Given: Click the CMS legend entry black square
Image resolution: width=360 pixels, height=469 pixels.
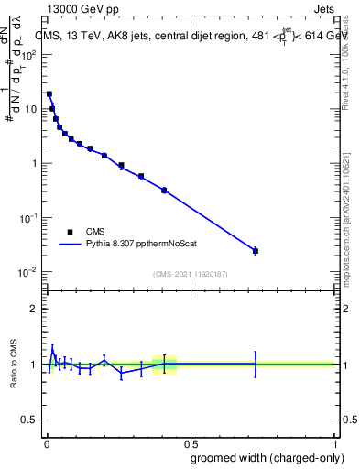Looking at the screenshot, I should coord(70,233).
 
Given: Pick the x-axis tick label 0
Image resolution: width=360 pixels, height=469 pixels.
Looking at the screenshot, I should coord(45,442).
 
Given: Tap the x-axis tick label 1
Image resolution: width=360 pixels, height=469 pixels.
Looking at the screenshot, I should coord(334,442).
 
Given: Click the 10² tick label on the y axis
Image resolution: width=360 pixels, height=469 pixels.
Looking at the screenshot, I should coord(28,54).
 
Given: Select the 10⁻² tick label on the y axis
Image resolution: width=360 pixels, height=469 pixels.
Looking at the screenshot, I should coord(28,273).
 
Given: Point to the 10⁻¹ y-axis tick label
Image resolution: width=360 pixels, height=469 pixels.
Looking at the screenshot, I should coord(28,218).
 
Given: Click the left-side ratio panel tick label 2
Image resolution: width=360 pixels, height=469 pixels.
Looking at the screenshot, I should coord(35,309).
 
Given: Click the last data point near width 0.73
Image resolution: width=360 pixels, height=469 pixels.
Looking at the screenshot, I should coord(256,250).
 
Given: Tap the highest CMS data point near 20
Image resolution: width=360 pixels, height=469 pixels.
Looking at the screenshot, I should coord(49,93).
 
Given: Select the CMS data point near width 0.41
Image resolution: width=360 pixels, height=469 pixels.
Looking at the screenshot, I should coord(164,190).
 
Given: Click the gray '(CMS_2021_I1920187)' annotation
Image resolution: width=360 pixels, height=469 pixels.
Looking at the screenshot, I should coord(191,273).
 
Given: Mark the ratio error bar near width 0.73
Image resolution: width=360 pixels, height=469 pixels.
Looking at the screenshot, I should coord(256,364).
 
